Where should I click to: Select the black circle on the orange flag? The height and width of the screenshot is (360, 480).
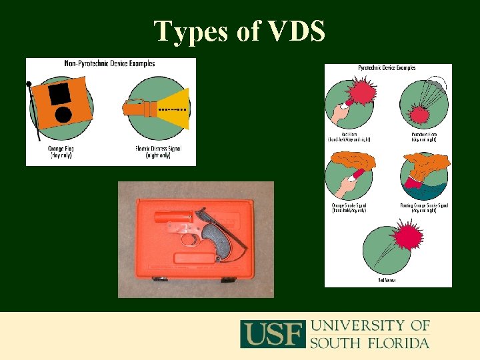[x=63, y=114]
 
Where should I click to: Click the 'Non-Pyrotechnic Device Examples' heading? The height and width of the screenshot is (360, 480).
[x=111, y=64]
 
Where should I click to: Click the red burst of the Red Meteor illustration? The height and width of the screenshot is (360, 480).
[x=408, y=237]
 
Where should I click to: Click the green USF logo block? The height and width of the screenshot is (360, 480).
[x=273, y=334]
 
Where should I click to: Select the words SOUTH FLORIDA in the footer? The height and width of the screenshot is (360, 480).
[x=369, y=343]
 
